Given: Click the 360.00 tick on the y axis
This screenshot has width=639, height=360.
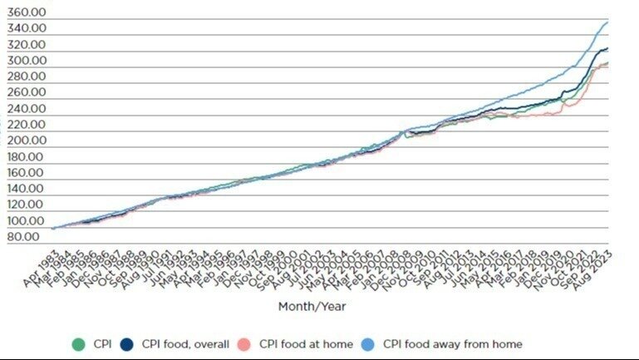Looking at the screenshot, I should [27, 12].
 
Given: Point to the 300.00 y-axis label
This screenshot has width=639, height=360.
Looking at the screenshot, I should [27, 61].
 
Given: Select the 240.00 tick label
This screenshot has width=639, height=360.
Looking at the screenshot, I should [27, 109].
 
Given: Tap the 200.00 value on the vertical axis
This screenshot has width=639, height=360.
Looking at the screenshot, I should [27, 141].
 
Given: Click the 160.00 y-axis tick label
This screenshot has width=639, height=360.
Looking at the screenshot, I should [27, 173].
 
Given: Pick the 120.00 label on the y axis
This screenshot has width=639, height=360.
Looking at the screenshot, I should [27, 205].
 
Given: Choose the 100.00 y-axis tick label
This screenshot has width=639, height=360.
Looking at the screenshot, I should [27, 221].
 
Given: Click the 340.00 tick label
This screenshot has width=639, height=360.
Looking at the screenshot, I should [27, 28].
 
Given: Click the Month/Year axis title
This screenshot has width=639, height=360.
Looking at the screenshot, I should [312, 306].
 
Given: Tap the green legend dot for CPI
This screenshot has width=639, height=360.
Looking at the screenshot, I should [78, 343].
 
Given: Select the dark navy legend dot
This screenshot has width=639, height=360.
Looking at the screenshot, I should [128, 343].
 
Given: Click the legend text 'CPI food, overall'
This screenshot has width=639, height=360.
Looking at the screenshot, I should [185, 343].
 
